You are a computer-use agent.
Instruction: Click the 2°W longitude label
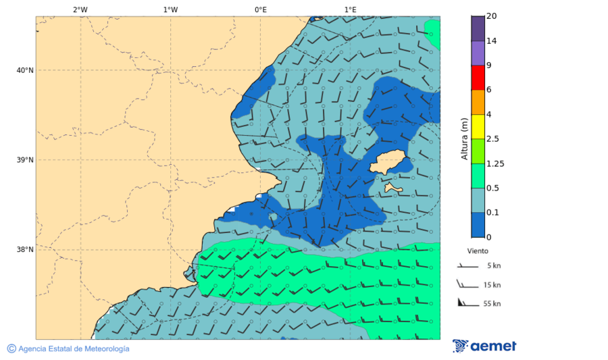(x=80, y=9)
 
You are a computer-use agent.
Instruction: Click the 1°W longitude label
(x=170, y=9)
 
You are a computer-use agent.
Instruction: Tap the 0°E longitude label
(x=260, y=9)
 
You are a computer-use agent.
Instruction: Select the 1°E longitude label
(x=350, y=9)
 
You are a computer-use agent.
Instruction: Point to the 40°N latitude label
(x=24, y=70)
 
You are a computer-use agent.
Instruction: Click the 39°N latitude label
(x=24, y=160)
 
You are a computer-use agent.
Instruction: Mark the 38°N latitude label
(x=24, y=250)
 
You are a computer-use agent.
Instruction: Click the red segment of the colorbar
(x=478, y=78)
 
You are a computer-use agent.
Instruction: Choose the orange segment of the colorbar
(x=478, y=102)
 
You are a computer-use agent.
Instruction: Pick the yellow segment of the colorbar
(x=478, y=126)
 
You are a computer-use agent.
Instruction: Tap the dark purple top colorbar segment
(x=478, y=28)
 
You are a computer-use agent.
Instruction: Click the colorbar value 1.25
(x=495, y=163)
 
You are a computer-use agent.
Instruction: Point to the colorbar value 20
(x=491, y=16)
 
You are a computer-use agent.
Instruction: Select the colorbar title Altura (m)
(x=464, y=138)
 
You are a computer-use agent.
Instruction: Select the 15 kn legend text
(x=492, y=285)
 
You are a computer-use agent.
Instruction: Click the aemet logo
(x=484, y=346)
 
